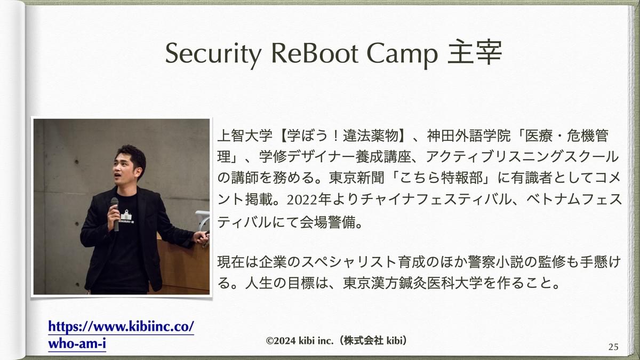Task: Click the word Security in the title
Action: click(213, 54)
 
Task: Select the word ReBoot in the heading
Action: click(315, 53)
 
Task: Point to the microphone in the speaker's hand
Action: click(115, 214)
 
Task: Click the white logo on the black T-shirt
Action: click(126, 217)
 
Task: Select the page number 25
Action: click(613, 347)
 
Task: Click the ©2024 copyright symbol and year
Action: click(281, 341)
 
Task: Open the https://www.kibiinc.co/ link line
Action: click(121, 326)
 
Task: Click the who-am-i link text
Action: click(77, 343)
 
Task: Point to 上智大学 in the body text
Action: click(245, 135)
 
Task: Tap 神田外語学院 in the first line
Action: click(469, 135)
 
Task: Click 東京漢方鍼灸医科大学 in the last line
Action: click(413, 283)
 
